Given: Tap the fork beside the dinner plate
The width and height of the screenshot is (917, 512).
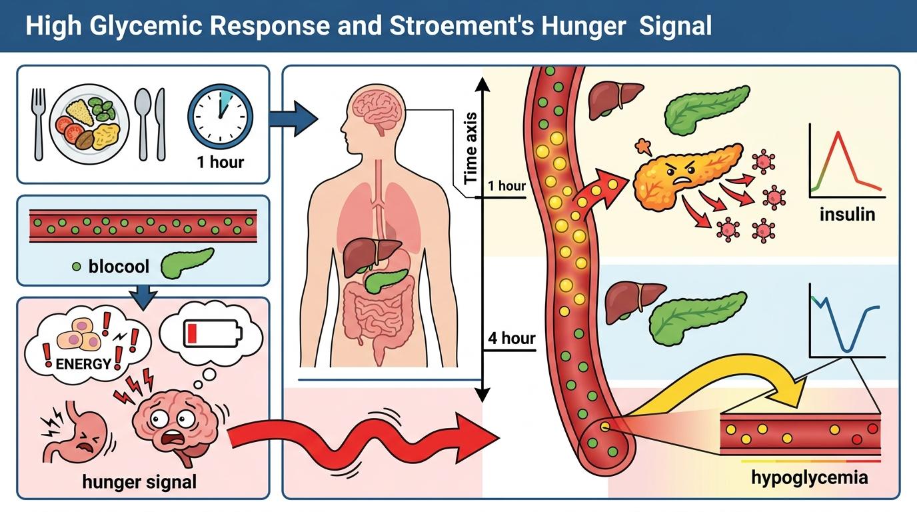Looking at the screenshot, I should [x=38, y=123].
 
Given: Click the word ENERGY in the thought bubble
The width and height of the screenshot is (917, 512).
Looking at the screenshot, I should [x=83, y=364].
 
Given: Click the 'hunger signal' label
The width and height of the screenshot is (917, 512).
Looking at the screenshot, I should [x=139, y=481].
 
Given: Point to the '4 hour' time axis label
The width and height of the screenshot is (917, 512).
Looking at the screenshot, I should [x=511, y=338].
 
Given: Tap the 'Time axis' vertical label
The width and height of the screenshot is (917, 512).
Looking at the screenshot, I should [x=470, y=148].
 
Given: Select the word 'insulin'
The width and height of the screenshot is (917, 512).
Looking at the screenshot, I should [x=848, y=215].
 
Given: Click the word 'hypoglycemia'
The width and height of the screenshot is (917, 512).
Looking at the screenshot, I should [x=809, y=477].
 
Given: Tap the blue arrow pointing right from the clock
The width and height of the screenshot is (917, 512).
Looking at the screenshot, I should [x=293, y=119].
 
